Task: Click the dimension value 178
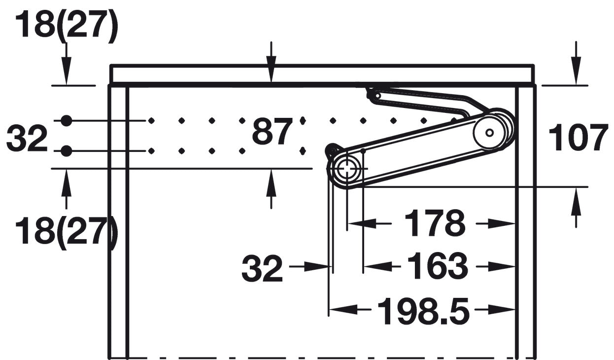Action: coord(435,223)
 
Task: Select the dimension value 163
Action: coord(438,266)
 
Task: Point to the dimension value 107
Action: coord(577,138)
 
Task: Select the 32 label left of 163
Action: coord(262,268)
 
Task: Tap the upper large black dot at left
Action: coord(66,120)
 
